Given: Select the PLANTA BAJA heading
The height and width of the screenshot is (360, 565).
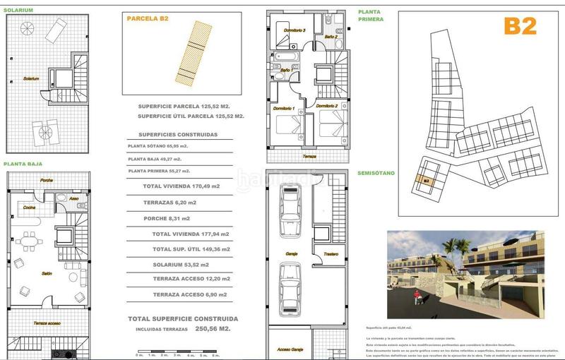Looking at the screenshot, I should click(x=23, y=163).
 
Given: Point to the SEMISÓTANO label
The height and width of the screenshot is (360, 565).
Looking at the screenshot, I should click(x=376, y=172).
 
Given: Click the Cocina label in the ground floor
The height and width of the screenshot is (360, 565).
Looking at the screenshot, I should click(x=30, y=208).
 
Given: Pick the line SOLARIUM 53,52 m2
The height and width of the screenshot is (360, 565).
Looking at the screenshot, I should click(x=180, y=265).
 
